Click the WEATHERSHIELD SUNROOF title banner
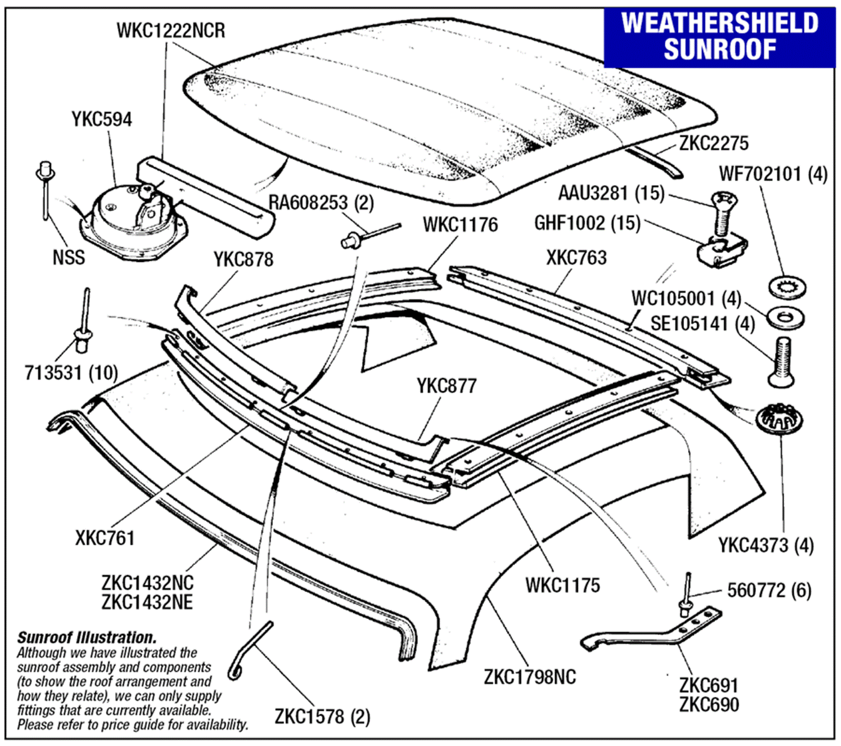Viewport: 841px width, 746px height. [x=719, y=37]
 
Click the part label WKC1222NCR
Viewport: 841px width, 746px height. [x=171, y=31]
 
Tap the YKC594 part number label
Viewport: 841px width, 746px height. [x=101, y=119]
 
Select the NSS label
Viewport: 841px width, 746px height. [x=69, y=257]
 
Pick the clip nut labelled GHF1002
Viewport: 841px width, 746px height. [x=722, y=252]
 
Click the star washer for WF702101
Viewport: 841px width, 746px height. [x=787, y=287]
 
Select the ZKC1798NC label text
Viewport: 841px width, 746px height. [x=530, y=677]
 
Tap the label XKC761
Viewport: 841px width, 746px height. [x=105, y=538]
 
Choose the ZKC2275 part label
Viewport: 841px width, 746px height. [x=714, y=143]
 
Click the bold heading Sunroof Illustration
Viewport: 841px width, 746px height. [x=87, y=638]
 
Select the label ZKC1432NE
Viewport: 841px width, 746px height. [x=147, y=602]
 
